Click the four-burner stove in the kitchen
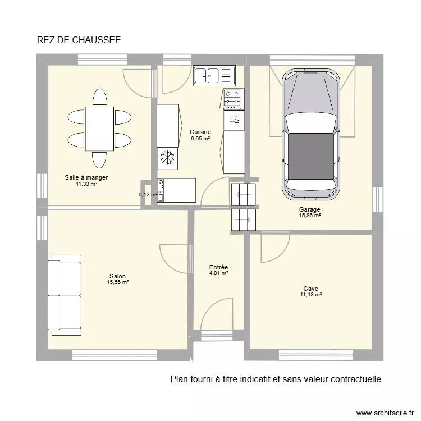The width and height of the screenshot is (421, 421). tap(233, 99)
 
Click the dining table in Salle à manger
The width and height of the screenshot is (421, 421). tap(99, 129)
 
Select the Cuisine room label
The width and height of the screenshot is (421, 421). tap(200, 132)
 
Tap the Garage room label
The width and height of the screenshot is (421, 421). tap(310, 209)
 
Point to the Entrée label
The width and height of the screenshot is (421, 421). tap(218, 267)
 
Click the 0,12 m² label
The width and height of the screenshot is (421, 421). tap(148, 195)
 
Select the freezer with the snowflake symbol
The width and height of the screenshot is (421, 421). tap(167, 157)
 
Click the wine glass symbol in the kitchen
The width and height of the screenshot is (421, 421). tap(234, 118)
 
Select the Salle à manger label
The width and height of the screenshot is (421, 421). tap(86, 177)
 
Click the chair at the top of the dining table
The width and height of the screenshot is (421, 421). tap(99, 97)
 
